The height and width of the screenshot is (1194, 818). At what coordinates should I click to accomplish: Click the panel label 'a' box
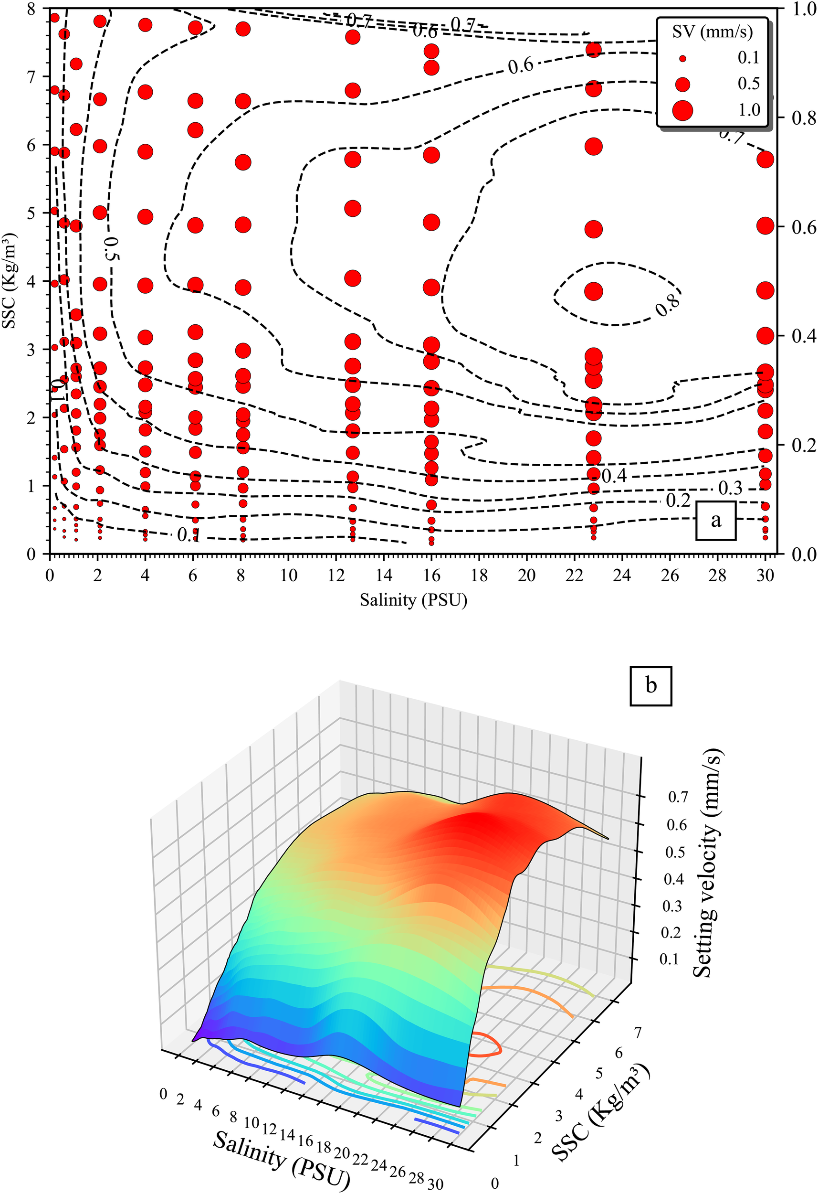tap(715, 521)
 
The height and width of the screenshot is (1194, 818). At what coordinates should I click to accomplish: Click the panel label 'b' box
tap(650, 685)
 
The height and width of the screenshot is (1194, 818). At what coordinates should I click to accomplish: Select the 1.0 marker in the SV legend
tap(682, 110)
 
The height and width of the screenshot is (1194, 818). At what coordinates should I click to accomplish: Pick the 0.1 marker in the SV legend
tap(682, 59)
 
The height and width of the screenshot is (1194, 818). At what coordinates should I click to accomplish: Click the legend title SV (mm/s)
tap(712, 32)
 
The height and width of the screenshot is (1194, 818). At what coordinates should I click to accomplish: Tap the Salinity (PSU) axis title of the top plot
tap(413, 599)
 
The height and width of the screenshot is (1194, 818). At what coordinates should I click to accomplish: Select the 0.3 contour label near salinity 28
tap(730, 488)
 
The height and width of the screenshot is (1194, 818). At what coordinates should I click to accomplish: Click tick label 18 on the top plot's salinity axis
tap(479, 575)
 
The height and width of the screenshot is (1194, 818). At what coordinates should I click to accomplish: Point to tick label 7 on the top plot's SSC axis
tap(32, 77)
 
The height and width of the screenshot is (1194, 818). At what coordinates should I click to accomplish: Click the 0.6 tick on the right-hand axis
tap(803, 227)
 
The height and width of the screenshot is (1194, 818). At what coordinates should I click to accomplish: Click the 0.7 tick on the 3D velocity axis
tap(678, 797)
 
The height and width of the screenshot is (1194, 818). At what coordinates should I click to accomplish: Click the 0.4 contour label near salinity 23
tap(614, 476)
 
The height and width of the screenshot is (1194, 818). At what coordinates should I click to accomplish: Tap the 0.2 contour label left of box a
tap(678, 500)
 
